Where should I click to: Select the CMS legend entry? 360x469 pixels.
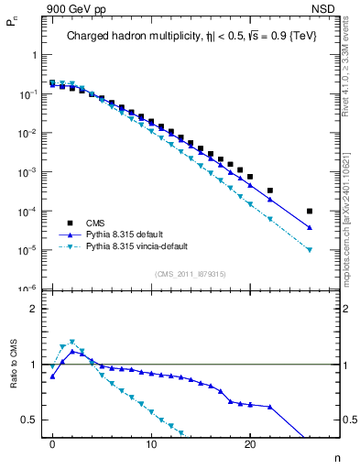click(97, 223)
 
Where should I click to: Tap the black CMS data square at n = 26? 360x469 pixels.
click(310, 211)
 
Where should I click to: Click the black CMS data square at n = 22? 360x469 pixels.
click(270, 191)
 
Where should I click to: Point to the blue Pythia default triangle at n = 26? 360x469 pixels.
click(310, 228)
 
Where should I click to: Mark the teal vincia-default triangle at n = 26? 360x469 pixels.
click(310, 249)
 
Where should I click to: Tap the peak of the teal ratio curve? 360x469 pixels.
click(72, 342)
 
